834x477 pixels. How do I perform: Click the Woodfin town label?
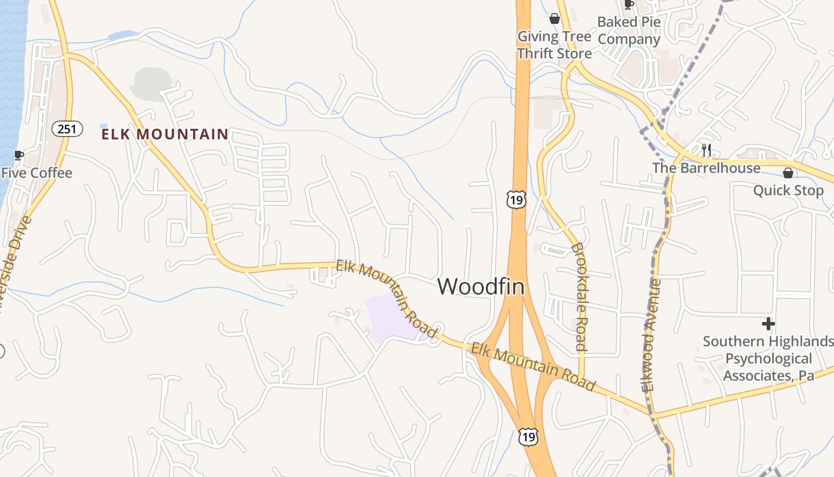click(481, 287)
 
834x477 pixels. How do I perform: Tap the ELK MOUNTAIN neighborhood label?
click(165, 135)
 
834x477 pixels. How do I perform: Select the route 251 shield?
click(67, 128)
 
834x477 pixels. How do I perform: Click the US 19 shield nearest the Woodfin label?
click(516, 200)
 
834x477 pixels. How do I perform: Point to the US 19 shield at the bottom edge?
click(528, 437)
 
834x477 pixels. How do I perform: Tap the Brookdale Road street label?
click(579, 296)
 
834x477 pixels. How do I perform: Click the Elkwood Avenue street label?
click(652, 335)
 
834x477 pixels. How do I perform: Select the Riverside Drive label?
click(13, 262)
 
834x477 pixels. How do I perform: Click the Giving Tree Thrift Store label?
click(554, 45)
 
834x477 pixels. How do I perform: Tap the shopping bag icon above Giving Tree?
click(555, 19)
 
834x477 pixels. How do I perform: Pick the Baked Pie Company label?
click(629, 31)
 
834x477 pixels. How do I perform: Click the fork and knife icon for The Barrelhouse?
click(707, 150)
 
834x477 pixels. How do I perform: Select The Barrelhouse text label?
click(707, 168)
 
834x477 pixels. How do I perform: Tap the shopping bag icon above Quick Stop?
click(788, 173)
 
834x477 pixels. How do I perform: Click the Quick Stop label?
click(788, 191)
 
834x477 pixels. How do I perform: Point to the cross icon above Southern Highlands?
click(768, 324)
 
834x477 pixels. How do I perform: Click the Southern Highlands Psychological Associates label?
click(768, 358)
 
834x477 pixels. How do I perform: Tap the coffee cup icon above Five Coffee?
click(18, 155)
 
